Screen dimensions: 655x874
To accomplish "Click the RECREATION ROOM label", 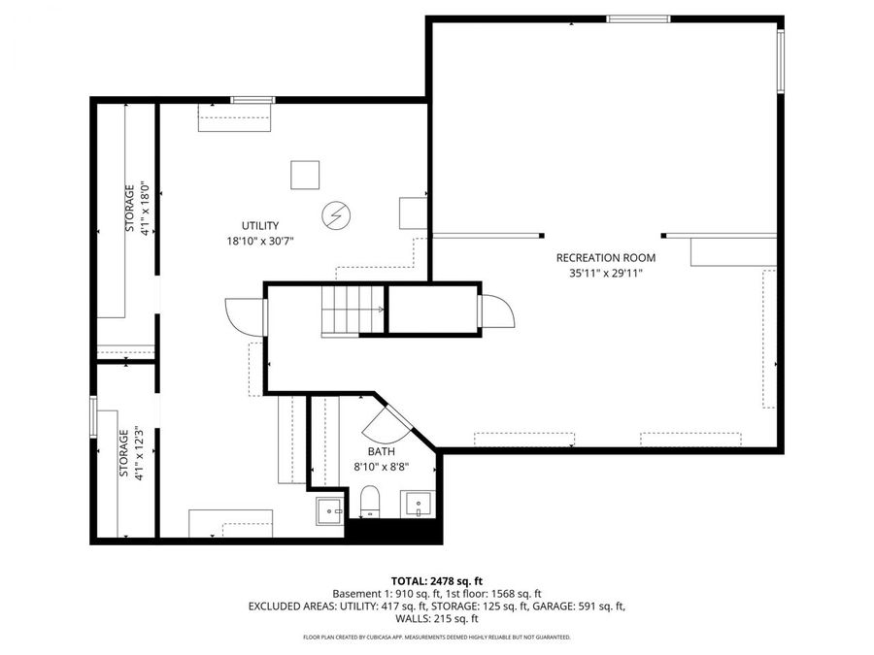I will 605,258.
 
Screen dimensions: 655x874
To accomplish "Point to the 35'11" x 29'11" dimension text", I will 605,274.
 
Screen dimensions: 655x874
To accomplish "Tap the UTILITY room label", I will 260,225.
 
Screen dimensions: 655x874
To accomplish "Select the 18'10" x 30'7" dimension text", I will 260,240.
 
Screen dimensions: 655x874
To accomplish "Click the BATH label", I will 380,452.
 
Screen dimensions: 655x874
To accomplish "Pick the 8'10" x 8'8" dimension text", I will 381,467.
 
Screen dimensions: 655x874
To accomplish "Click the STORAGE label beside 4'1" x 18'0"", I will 128,209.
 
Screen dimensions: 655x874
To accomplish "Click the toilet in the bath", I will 369,503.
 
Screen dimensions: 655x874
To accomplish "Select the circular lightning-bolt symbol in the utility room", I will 336,213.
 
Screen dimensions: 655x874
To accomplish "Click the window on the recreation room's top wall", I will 638,18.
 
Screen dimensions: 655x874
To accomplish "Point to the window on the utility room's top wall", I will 252,99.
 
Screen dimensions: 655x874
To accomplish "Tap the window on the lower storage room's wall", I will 93,418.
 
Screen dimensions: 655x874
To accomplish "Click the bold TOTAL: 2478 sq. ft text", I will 436,579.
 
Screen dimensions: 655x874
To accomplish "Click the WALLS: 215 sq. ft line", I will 436,619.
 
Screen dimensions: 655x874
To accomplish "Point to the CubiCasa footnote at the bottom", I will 436,638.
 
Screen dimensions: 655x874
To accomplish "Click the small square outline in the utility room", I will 305,175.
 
